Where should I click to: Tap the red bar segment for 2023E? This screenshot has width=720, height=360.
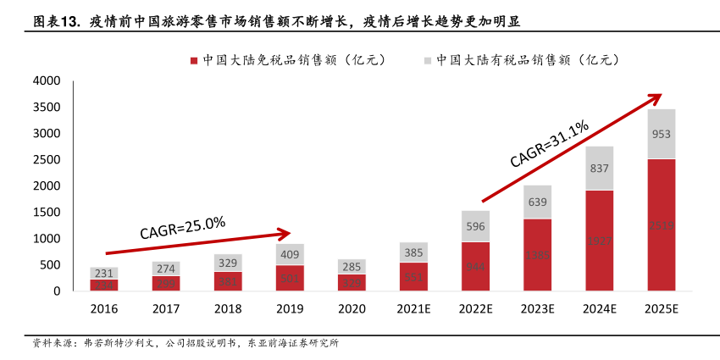point(537,254)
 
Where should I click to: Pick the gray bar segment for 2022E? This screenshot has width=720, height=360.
point(475,226)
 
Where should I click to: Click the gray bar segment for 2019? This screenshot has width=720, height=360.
point(290,254)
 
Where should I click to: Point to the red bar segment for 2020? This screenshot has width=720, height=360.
point(352,282)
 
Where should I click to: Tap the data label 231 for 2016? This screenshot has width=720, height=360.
point(104,273)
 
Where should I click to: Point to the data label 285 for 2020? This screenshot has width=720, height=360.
point(352,267)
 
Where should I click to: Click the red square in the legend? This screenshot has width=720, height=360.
point(194,60)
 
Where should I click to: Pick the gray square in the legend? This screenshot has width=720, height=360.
point(428,60)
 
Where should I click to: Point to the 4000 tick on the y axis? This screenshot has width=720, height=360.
point(47,81)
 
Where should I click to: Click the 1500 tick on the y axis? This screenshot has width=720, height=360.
point(47,213)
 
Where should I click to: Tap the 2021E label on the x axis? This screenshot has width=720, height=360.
point(413,309)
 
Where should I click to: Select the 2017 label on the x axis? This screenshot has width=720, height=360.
point(166,309)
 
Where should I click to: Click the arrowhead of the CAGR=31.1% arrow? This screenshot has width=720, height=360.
point(655,96)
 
